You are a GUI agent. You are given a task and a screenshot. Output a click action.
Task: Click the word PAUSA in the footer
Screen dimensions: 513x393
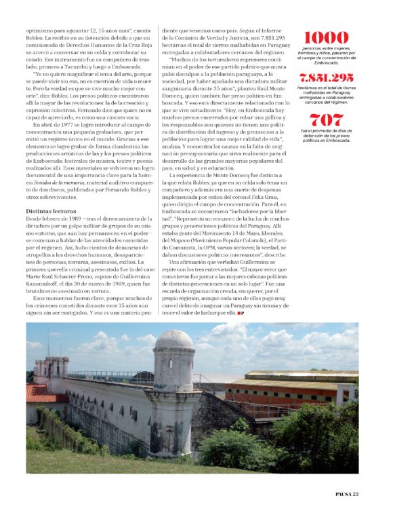click(x=347, y=503)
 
